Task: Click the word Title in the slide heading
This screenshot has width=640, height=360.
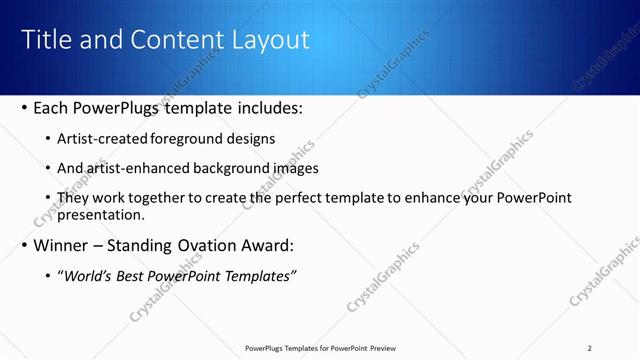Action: [x=44, y=40]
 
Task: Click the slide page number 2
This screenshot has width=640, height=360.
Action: [x=590, y=348]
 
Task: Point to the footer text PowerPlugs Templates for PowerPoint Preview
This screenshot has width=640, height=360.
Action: [x=321, y=348]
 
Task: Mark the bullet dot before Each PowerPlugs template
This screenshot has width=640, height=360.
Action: [x=25, y=107]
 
